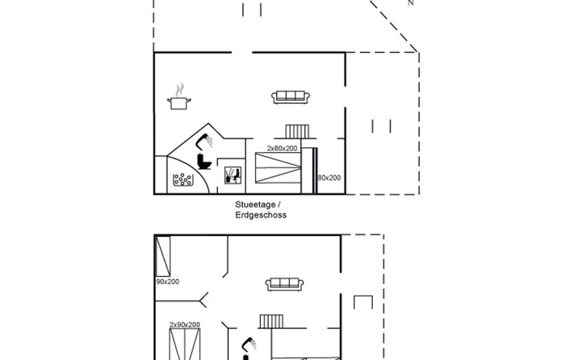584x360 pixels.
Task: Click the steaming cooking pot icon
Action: click(x=179, y=97)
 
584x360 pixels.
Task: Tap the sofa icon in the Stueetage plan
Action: click(x=290, y=97)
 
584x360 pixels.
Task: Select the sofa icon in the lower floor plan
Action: click(x=285, y=285)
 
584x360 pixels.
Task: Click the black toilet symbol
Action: click(x=204, y=161)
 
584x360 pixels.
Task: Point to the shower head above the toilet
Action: click(x=205, y=141)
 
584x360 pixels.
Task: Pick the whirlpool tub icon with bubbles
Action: click(x=183, y=179)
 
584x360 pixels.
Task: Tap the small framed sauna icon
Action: click(x=233, y=175)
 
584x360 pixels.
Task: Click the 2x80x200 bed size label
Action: click(x=282, y=148)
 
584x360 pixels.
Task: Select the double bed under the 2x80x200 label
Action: click(x=278, y=168)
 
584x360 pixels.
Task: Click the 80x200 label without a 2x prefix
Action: click(x=330, y=178)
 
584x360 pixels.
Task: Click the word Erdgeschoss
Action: click(x=261, y=215)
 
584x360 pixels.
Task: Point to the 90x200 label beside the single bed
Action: click(x=168, y=282)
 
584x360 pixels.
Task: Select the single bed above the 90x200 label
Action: click(x=162, y=257)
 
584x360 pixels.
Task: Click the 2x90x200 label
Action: click(x=185, y=325)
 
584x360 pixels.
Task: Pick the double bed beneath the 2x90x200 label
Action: click(x=185, y=344)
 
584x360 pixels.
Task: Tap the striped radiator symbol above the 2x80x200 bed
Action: click(x=298, y=131)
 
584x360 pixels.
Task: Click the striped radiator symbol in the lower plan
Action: click(x=271, y=322)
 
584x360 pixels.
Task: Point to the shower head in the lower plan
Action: click(x=249, y=344)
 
